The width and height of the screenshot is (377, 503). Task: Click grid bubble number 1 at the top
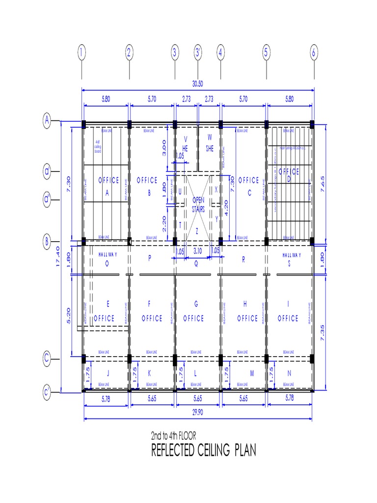tap(81, 53)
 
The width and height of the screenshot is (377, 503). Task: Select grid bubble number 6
tap(314, 53)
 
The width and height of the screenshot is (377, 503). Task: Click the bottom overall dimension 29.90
tap(198, 413)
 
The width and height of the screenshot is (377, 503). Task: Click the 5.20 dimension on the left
tap(70, 315)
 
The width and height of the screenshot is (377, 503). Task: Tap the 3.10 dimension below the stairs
tap(198, 251)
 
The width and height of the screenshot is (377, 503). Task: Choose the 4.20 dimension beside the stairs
tap(226, 207)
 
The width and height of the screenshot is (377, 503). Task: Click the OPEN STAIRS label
tap(198, 204)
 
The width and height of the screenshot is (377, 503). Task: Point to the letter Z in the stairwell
tap(197, 230)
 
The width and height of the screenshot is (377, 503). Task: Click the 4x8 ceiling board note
tap(97, 146)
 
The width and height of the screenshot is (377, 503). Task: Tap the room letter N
tap(289, 373)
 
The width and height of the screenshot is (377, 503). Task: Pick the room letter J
tap(108, 373)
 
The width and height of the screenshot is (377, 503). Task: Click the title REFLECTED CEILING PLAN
tap(203, 450)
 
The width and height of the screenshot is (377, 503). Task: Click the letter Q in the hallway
tap(196, 263)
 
